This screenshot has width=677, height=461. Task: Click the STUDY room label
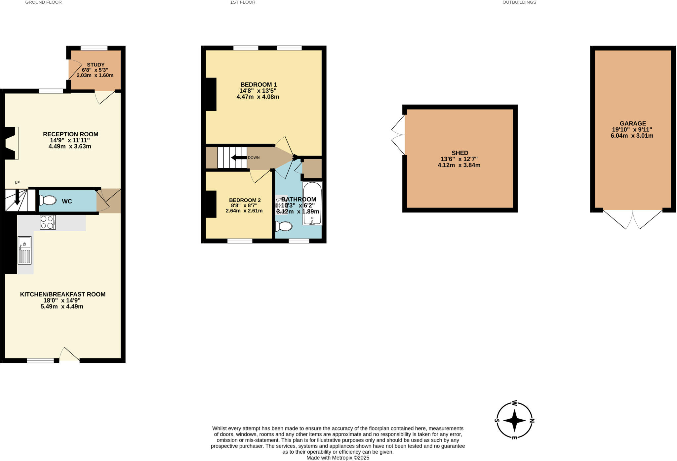point(96,65)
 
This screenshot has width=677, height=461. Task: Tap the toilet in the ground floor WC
point(48,200)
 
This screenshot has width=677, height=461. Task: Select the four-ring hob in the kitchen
point(48,222)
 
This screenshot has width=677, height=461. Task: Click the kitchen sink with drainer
point(24,250)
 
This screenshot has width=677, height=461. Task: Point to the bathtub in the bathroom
point(312,204)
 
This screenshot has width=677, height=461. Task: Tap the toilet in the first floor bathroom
point(284,226)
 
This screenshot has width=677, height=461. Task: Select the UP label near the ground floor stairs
point(17,182)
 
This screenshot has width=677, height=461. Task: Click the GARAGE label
point(633,123)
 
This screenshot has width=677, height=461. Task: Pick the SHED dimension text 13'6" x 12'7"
point(459,159)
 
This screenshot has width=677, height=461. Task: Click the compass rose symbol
point(514,421)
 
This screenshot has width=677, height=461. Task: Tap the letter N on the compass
point(532,421)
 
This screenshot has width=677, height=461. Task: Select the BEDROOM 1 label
point(259,84)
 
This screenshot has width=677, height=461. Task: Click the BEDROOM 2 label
point(245,200)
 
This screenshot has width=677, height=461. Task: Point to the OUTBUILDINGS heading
point(519,2)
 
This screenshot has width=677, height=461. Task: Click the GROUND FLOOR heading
point(43,2)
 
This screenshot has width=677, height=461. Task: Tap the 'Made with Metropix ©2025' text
point(338,458)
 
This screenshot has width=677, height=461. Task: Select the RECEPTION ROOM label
point(70,134)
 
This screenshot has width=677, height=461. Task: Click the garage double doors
point(633,219)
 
